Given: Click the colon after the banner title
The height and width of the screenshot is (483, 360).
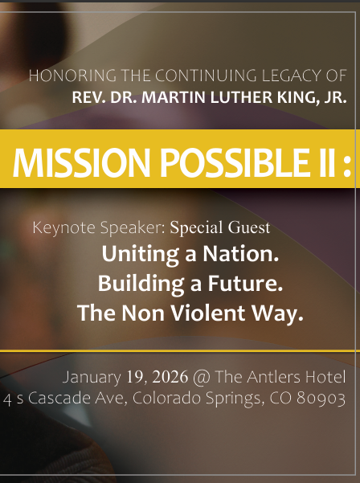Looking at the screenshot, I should point(346,166).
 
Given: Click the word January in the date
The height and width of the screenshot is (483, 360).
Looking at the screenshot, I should point(92,377).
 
